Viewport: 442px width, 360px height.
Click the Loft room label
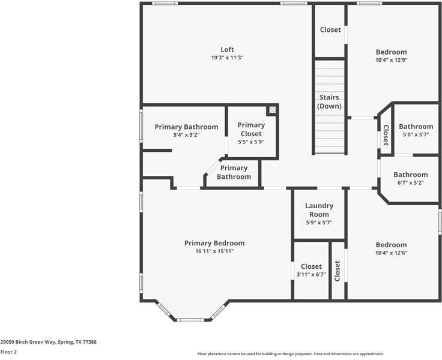tap(227, 50)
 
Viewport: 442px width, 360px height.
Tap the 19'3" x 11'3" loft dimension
tap(227, 58)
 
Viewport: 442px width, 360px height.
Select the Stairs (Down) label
tap(330, 101)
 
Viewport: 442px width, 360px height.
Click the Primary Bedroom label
tap(214, 243)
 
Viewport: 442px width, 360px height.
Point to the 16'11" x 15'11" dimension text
tap(214, 251)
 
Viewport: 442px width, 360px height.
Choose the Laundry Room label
tap(319, 210)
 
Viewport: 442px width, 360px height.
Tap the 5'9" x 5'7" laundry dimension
tap(319, 223)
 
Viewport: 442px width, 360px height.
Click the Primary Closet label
tap(251, 129)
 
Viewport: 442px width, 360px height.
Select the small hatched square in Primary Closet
tap(272, 110)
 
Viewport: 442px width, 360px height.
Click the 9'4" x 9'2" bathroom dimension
tap(186, 135)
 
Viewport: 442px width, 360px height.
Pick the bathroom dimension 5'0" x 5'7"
tap(416, 135)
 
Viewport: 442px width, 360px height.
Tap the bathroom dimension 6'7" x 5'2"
tap(411, 183)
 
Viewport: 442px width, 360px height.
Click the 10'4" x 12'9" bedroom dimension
tap(391, 60)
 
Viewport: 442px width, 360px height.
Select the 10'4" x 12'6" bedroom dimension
tap(391, 253)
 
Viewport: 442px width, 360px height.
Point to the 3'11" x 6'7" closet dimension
tap(311, 275)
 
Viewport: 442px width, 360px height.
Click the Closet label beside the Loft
tap(330, 30)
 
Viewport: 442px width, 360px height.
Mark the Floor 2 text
tap(8, 352)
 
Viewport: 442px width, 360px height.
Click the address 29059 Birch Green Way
tap(48, 342)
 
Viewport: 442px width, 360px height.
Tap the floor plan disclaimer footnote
tap(290, 354)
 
